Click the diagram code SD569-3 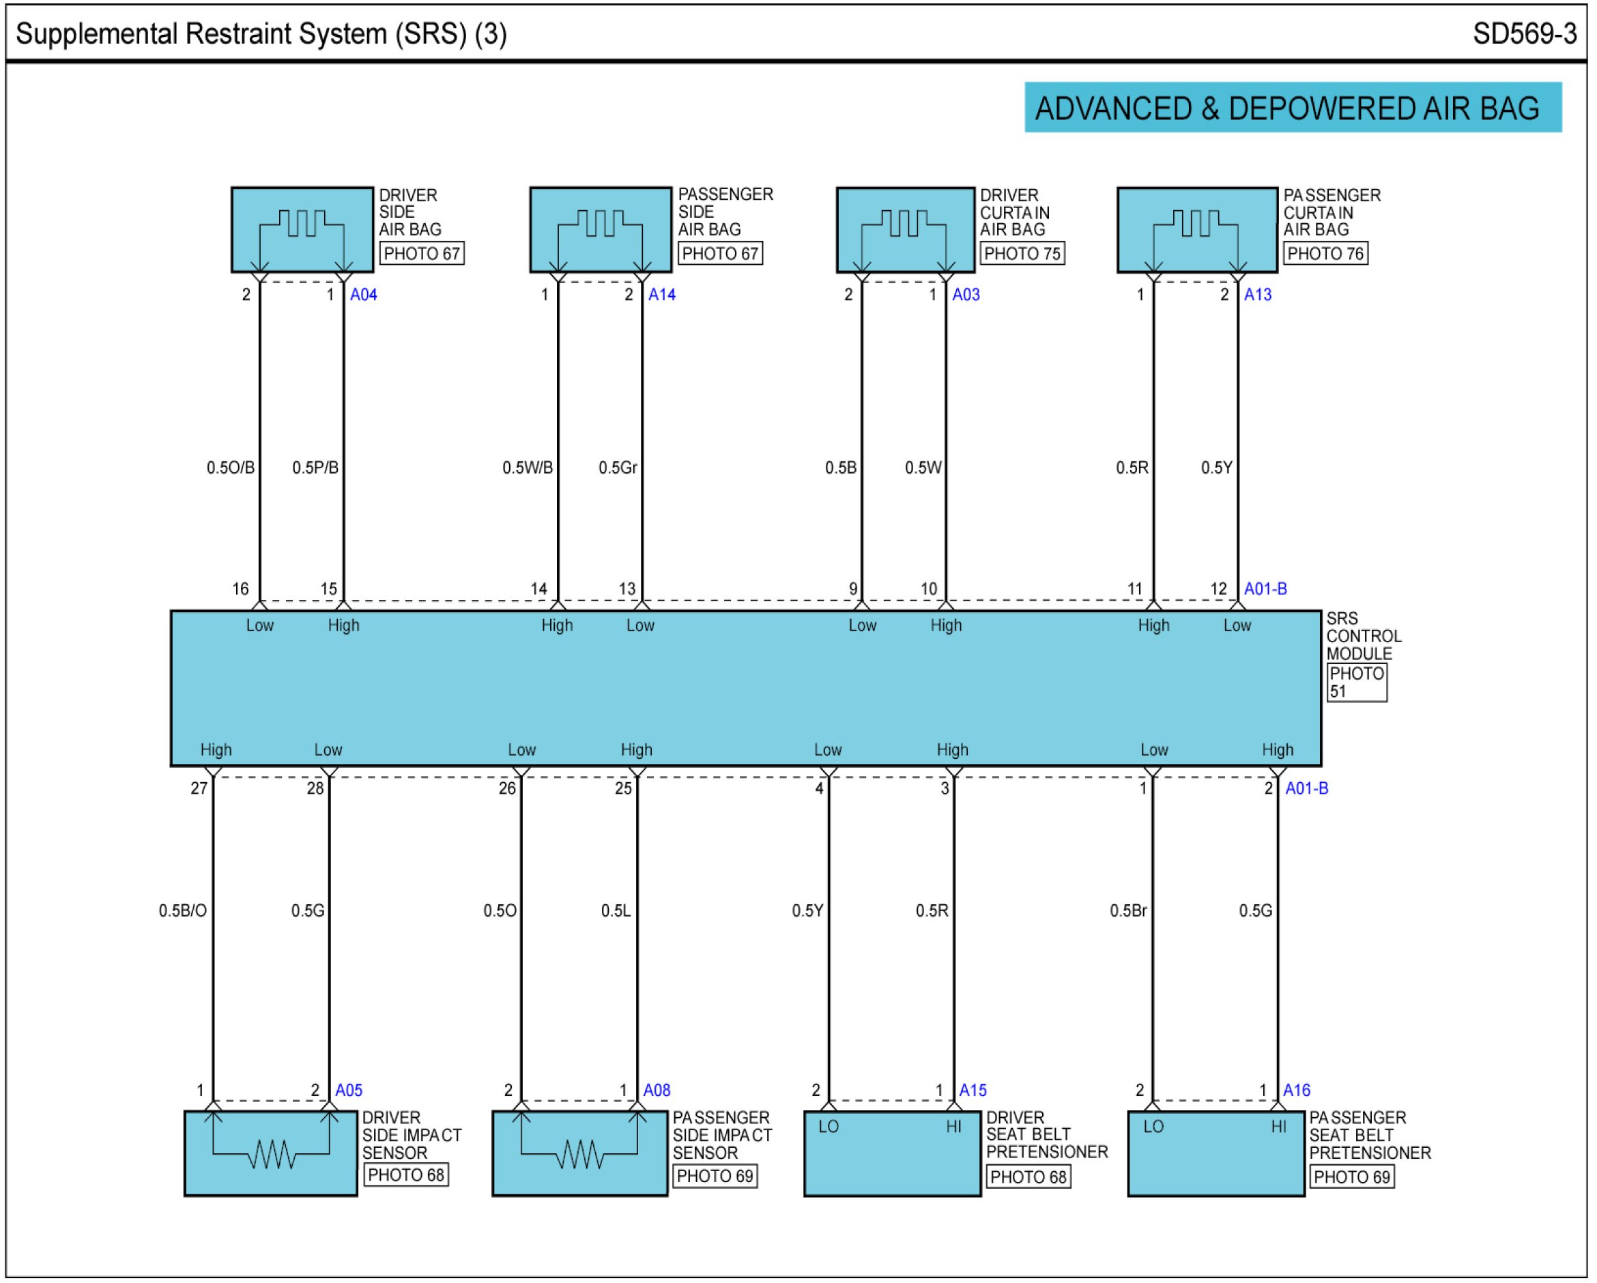pos(1525,34)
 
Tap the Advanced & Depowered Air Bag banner pos(1292,108)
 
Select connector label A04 pos(363,295)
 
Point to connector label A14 pos(661,295)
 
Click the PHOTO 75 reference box pos(1022,254)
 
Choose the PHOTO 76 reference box pos(1325,254)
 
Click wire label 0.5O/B pos(231,468)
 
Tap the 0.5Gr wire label pos(617,468)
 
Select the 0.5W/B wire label pos(528,468)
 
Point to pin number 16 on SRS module pos(241,589)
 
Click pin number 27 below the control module pos(199,788)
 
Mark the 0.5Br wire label pos(1127,911)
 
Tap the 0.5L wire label pos(616,911)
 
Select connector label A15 pos(973,1091)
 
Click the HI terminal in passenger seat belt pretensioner pos(1278,1127)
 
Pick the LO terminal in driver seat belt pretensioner pos(828,1127)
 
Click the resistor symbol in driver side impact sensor pos(271,1154)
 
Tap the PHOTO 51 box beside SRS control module pos(1356,682)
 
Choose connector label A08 pos(657,1091)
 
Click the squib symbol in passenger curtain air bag pos(1196,223)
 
